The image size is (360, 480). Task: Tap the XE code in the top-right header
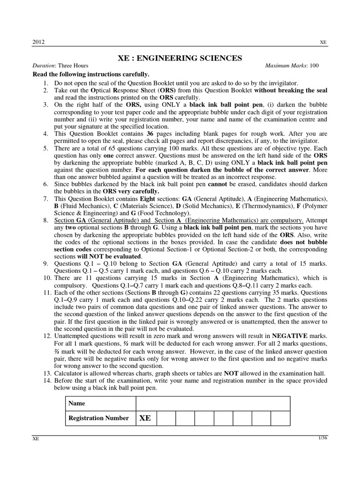click(x=323, y=42)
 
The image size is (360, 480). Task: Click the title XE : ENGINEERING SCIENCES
click(x=180, y=58)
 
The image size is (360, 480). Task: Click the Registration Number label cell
click(x=98, y=418)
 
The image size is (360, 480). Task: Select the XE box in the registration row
click(x=145, y=418)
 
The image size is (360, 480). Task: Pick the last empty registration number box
click(x=280, y=418)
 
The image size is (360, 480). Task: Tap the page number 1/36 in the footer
click(x=322, y=438)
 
